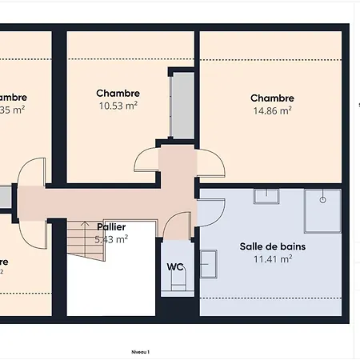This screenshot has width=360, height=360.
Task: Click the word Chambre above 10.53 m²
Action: pos(118,94)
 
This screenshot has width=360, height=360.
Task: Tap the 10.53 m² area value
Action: pos(118,106)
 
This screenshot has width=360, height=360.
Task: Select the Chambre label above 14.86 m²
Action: pos(272,98)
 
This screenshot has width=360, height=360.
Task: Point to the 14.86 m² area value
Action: pos(272,110)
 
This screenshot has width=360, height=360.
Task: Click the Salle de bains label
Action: pos(272,246)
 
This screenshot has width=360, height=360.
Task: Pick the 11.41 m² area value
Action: pos(272,258)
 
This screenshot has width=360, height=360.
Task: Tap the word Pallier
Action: pos(111,227)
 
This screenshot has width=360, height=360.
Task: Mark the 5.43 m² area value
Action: pos(111,238)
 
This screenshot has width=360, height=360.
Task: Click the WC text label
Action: pos(174,267)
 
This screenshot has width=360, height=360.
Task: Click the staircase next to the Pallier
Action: pos(86,239)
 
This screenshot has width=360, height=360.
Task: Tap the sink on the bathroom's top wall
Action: pos(266,195)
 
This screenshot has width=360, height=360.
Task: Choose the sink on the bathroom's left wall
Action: pos(208,262)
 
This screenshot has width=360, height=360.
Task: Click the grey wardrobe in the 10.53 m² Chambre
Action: pos(181,104)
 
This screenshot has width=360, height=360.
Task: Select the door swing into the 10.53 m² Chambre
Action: pos(147,162)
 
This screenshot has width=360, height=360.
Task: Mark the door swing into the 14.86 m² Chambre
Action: pos(210,162)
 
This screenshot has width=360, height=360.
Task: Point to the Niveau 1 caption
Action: pos(141,351)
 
